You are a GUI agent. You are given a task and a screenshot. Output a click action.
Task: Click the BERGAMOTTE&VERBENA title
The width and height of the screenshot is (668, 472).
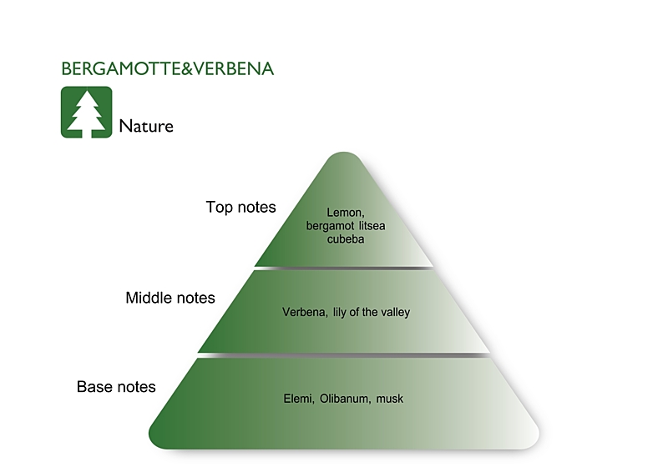coord(168,69)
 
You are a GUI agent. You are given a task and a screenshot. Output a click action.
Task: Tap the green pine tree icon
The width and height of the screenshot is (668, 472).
coord(86,112)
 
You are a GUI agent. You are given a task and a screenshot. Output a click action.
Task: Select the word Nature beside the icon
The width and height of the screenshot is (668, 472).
coord(146,127)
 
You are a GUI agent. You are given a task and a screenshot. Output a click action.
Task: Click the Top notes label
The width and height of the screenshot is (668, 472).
coord(240,207)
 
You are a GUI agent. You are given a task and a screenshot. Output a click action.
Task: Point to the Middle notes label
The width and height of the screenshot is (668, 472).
coord(170,298)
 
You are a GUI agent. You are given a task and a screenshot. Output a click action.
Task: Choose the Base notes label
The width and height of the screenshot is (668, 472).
coord(116,387)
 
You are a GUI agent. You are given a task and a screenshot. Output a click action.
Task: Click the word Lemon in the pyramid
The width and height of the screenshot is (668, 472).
coord(344,213)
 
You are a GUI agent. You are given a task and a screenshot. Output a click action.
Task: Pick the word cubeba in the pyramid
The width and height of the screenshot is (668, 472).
coord(346,239)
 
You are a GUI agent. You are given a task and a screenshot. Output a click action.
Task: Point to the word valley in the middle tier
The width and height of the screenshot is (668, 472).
coord(394,313)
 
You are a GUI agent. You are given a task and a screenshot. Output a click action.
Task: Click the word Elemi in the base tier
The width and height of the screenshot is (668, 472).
coord(297,399)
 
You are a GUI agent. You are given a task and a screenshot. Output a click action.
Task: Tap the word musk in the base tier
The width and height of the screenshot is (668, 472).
coord(390,399)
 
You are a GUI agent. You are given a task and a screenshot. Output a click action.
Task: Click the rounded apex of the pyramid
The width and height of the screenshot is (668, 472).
coord(344,158)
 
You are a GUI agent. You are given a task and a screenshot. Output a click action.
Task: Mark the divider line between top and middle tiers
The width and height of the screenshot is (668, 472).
coord(344,268)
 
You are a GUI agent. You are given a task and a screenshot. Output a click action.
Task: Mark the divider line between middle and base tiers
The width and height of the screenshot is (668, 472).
coord(344,354)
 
